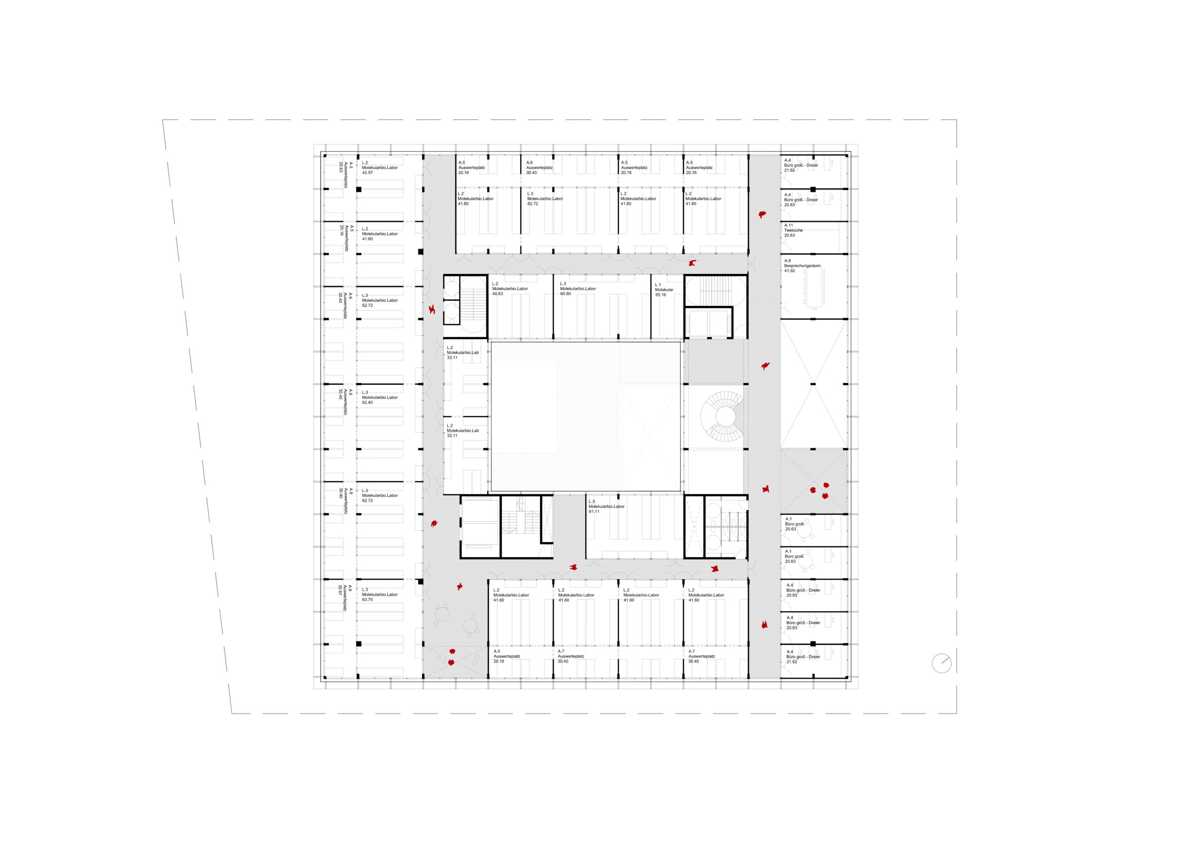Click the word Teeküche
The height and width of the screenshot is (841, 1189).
pyautogui.click(x=793, y=230)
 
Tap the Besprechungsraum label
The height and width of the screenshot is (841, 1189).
pyautogui.click(x=802, y=266)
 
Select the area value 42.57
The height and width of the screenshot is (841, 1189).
pyautogui.click(x=367, y=172)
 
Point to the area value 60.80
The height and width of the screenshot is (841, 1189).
pyautogui.click(x=566, y=293)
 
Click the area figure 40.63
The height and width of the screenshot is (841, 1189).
pyautogui.click(x=497, y=293)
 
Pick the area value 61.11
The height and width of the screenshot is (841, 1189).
pyautogui.click(x=594, y=512)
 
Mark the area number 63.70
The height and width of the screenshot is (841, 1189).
pyautogui.click(x=367, y=600)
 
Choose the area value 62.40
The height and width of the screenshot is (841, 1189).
pyautogui.click(x=367, y=402)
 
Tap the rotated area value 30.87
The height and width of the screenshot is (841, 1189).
pyautogui.click(x=340, y=591)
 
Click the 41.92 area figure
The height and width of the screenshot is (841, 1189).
pyautogui.click(x=790, y=271)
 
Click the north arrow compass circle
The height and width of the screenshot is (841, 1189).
pyautogui.click(x=941, y=664)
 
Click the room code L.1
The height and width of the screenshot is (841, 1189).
pyautogui.click(x=658, y=285)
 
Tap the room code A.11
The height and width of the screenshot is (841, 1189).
pyautogui.click(x=789, y=225)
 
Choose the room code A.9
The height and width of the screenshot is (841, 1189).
pyautogui.click(x=788, y=261)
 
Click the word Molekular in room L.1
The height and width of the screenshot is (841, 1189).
pyautogui.click(x=665, y=289)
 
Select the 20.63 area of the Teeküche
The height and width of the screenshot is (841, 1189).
pyautogui.click(x=790, y=235)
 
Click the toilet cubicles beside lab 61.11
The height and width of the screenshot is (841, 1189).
pyautogui.click(x=725, y=527)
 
